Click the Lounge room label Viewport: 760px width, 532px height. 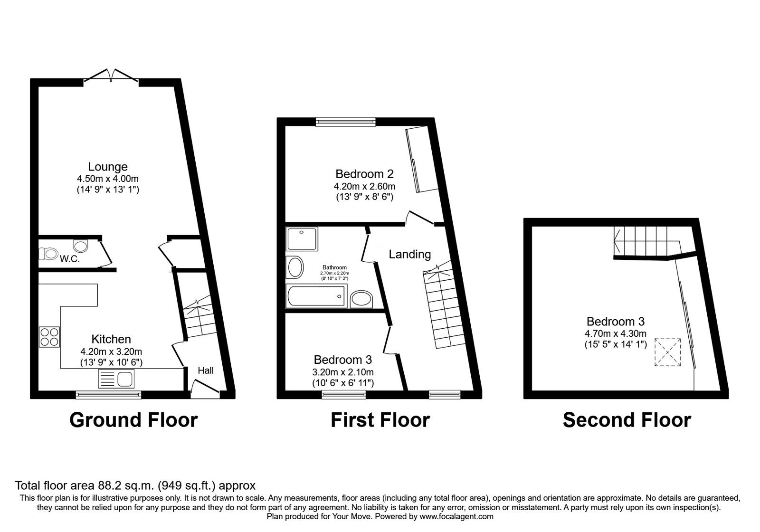pos(108,167)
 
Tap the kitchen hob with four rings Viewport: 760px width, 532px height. pos(49,337)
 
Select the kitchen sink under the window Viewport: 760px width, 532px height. pos(117,380)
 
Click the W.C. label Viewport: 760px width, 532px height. pos(69,259)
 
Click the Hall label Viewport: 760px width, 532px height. pos(206,370)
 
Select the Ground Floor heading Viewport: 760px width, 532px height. pos(133,420)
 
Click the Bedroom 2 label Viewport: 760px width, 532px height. pos(364,174)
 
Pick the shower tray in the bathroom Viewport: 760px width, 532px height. pos(302,239)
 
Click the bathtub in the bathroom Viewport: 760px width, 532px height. pos(317,296)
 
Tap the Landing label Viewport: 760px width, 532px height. pos(409,255)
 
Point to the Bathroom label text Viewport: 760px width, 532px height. pos(335,267)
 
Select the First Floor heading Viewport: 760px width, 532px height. pos(380,420)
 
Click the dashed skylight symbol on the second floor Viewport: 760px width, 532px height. pos(668,352)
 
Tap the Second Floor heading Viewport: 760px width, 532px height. pos(627,420)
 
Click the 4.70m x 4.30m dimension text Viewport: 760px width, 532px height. pos(616,334)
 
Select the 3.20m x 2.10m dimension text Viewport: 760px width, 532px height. pos(342,372)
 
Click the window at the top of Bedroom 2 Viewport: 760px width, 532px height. pos(346,122)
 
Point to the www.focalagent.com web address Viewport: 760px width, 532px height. pos(456,516)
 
